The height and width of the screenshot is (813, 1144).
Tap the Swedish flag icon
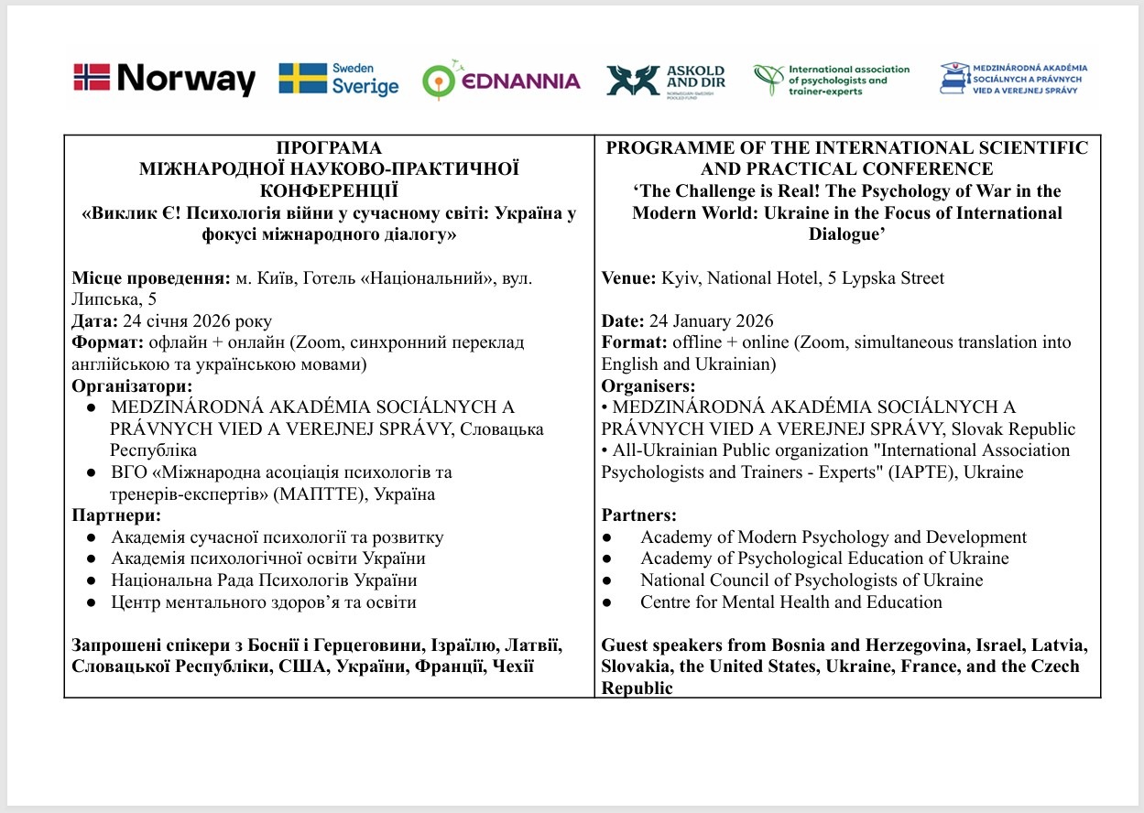(x=303, y=79)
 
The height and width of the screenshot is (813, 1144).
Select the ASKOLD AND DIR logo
(x=664, y=81)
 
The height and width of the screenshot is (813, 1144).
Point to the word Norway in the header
(x=186, y=79)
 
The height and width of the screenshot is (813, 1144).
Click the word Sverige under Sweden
(x=365, y=87)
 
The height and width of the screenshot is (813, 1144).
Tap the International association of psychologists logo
(x=831, y=80)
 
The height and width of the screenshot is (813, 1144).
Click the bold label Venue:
(x=626, y=278)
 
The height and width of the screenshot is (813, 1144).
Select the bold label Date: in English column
(x=623, y=321)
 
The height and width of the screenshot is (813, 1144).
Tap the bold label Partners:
(x=639, y=515)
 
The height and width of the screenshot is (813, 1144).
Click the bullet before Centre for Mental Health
(x=608, y=602)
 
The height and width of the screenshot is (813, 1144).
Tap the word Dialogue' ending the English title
(x=847, y=233)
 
